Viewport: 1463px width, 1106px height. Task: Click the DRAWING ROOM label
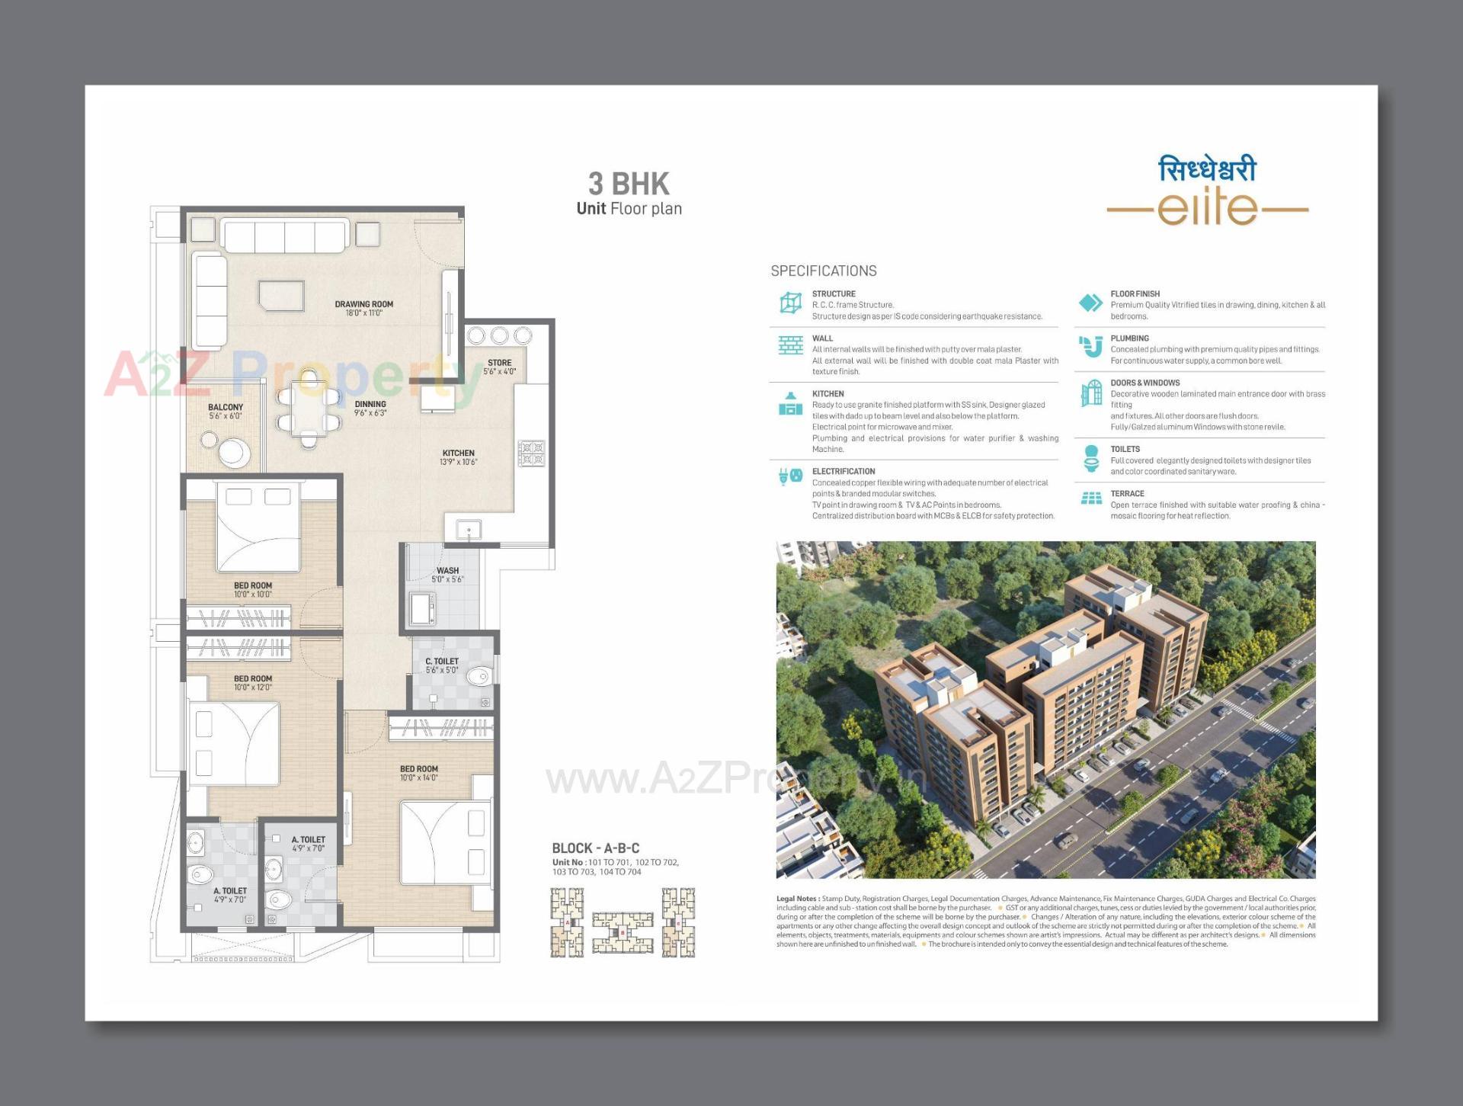tap(363, 304)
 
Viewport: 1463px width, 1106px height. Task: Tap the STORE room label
tap(499, 363)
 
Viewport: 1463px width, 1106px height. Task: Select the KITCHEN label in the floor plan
tap(458, 453)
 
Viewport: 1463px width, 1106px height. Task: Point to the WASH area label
tap(447, 570)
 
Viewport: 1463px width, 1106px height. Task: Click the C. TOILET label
tap(442, 661)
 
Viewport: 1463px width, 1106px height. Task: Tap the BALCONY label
tap(226, 407)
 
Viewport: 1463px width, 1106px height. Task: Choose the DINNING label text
tap(370, 404)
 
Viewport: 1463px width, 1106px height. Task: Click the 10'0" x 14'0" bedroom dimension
tap(418, 778)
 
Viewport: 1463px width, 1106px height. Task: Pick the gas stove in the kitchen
tap(532, 453)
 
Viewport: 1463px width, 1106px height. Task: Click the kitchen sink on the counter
tap(469, 529)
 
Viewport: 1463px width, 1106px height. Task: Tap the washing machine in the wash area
tap(421, 608)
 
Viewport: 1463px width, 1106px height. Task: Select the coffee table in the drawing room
tap(281, 296)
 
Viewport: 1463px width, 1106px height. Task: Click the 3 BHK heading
tap(629, 184)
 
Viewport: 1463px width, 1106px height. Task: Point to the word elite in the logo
tap(1207, 209)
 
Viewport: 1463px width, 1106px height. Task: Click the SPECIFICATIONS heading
tap(823, 271)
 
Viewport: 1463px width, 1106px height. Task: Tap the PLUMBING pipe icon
tap(1091, 346)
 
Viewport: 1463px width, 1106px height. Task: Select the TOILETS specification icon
tap(1091, 459)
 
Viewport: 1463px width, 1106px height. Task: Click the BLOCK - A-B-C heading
tap(595, 848)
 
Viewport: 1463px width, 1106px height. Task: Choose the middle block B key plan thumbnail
tap(623, 931)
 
